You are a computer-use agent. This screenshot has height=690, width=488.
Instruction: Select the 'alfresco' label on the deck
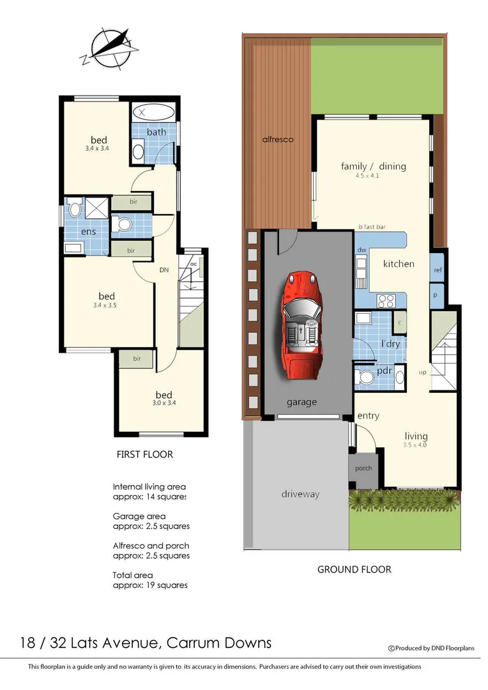click(278, 139)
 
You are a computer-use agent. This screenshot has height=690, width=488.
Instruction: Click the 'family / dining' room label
click(373, 167)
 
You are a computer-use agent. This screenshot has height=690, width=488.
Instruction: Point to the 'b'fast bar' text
click(372, 227)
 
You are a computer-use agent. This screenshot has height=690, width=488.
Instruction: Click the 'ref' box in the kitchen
click(438, 270)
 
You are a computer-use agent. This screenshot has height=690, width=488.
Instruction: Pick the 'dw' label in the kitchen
click(361, 250)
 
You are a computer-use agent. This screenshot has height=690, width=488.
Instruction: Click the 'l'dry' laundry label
click(390, 344)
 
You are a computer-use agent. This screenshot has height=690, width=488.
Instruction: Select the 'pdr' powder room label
click(385, 371)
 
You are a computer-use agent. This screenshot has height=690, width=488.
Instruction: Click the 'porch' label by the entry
click(363, 468)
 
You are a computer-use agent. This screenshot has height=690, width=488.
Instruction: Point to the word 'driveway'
click(300, 494)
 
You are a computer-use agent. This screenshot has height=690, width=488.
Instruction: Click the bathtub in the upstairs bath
click(153, 112)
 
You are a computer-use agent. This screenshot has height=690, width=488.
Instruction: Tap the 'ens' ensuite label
click(88, 231)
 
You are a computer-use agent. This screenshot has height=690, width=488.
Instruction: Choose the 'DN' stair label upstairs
click(164, 270)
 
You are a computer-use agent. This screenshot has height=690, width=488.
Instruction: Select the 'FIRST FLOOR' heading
click(144, 455)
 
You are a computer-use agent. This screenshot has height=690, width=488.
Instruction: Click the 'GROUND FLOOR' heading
click(354, 569)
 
